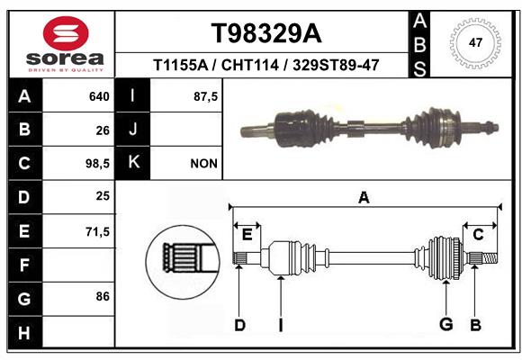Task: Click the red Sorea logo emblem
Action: click(x=66, y=33)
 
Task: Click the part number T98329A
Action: click(x=266, y=33)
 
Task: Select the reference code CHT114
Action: click(x=249, y=65)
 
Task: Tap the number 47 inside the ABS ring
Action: click(x=475, y=42)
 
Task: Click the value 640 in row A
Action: click(x=99, y=96)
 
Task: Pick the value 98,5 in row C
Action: click(x=97, y=164)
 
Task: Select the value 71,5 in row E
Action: click(x=97, y=231)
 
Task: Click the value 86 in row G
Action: click(x=103, y=296)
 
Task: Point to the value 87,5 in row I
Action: click(x=205, y=96)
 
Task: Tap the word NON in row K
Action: click(x=203, y=164)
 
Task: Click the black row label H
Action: click(x=25, y=332)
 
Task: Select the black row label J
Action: click(x=132, y=130)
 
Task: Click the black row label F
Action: click(x=25, y=265)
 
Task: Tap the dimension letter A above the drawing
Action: click(x=364, y=198)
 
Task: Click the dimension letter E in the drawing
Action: click(x=247, y=235)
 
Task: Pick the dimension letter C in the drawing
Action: click(x=478, y=235)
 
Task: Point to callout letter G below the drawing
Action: click(x=446, y=324)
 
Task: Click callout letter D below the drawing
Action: click(x=240, y=325)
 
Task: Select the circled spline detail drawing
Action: click(x=183, y=262)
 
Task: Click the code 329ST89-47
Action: click(x=336, y=65)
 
